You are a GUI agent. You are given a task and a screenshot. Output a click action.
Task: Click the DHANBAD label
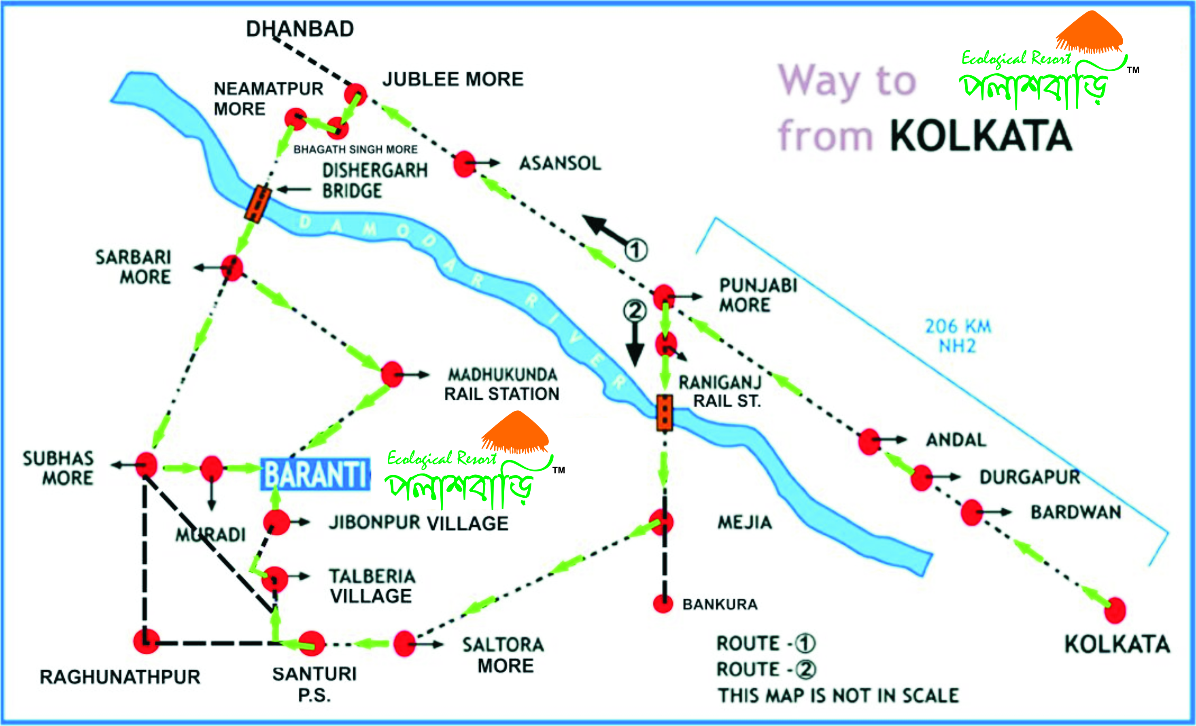tap(300, 29)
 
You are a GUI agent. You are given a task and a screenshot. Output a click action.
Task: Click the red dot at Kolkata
tap(1115, 610)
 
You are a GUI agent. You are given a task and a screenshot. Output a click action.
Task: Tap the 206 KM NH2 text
tap(957, 336)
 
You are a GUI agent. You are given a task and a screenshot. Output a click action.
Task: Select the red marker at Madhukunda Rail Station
tap(392, 374)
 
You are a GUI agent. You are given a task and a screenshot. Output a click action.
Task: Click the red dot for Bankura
tap(663, 604)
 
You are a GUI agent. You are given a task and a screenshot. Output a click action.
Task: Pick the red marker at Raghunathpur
tap(146, 641)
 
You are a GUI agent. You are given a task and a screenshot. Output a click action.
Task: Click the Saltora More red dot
tap(404, 644)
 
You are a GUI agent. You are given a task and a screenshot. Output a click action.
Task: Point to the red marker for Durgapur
tap(921, 478)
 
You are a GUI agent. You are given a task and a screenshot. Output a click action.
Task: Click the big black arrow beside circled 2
tap(634, 347)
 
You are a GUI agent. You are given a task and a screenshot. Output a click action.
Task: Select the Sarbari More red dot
tap(232, 267)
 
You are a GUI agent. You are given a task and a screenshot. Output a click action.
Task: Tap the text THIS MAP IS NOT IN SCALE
tap(838, 695)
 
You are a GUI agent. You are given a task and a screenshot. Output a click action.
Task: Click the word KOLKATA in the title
tap(981, 136)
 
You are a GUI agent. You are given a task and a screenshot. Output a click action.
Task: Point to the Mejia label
tap(745, 523)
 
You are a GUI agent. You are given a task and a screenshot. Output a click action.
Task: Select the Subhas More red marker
tap(146, 465)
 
